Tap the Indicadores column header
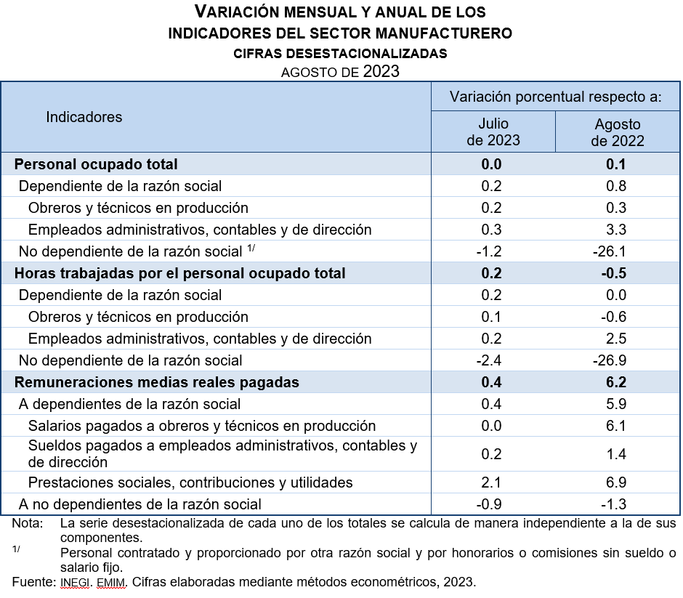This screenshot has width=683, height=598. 84,117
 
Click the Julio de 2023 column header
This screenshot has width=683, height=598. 493,132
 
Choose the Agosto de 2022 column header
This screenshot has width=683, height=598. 618,132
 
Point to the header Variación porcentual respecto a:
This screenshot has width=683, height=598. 555,97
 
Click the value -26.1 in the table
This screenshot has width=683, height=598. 616,251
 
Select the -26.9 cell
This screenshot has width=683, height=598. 616,360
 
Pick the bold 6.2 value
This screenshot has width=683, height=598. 616,382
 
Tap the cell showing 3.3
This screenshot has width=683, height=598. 616,230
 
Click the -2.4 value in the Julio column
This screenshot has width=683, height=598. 491,360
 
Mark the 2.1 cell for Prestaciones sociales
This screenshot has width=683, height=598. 492,482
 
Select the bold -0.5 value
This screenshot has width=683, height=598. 616,273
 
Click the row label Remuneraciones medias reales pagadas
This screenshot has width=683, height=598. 157,382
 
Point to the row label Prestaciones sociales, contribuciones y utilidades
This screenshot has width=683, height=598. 190,482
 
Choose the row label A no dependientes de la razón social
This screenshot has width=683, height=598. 140,504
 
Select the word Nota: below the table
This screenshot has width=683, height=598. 27,523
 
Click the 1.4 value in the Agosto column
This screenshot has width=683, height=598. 616,454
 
